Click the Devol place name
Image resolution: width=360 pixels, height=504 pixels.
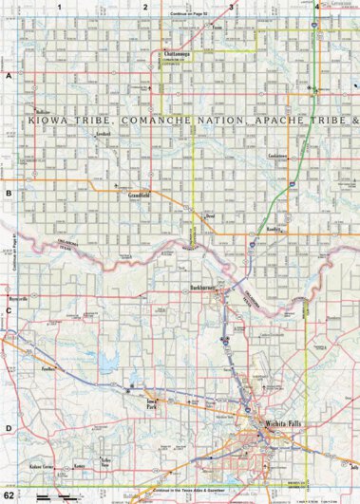tap(211, 217)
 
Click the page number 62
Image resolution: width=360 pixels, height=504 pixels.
tap(9, 495)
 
